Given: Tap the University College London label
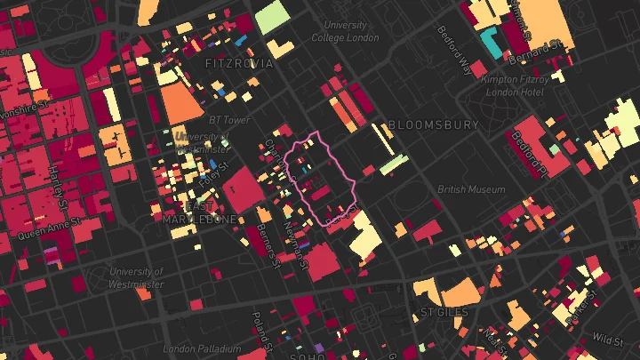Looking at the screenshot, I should click(x=351, y=31).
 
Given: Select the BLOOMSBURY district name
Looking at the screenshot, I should click(x=433, y=125).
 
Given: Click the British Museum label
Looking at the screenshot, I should click(x=471, y=189).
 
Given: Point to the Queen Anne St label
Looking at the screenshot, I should click(x=50, y=230).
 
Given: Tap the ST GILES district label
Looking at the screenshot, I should click(x=444, y=313).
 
